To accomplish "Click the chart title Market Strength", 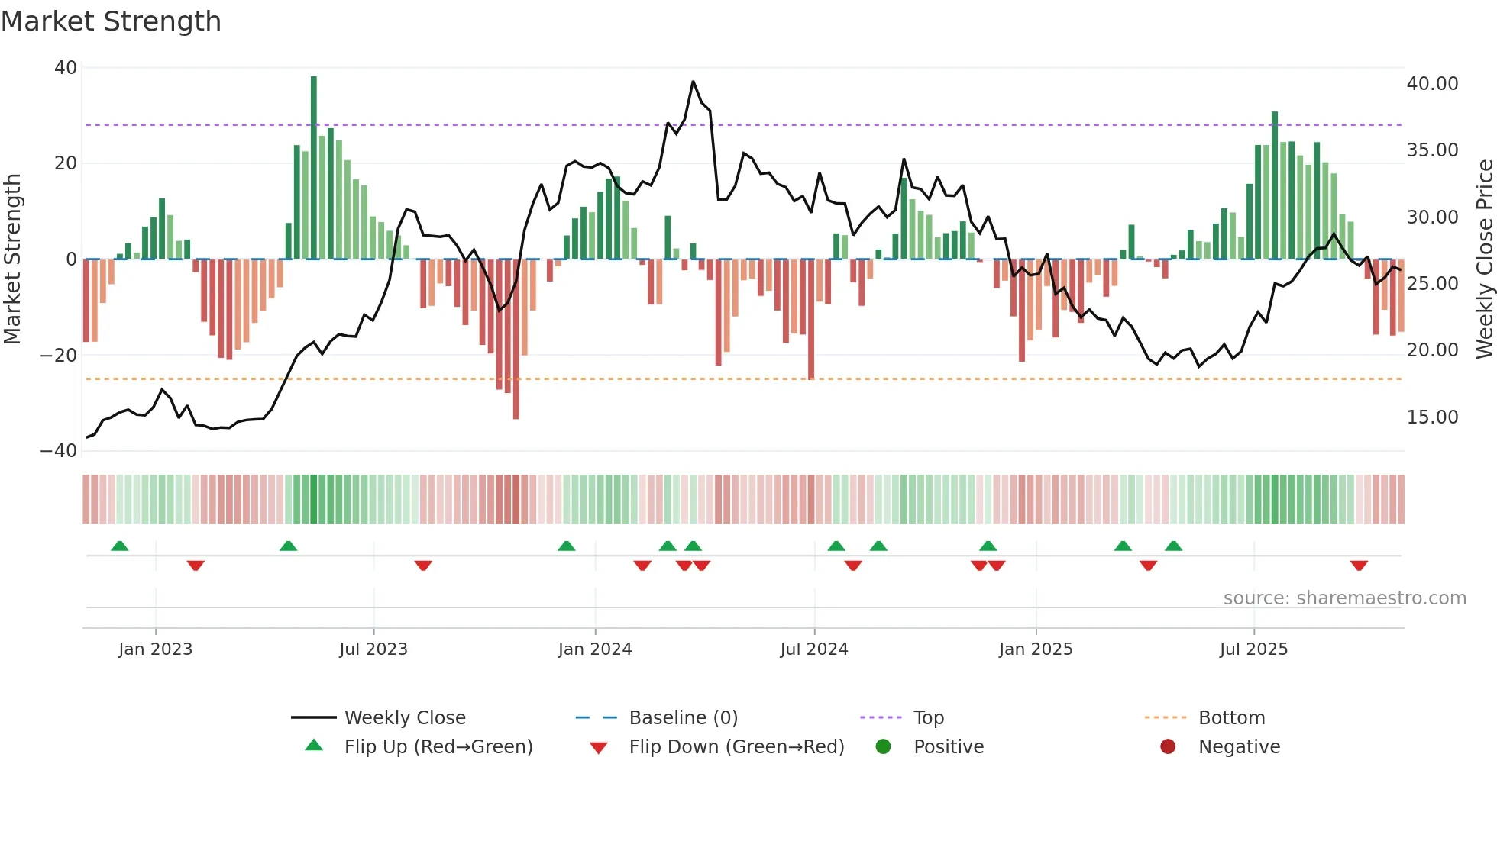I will tap(111, 21).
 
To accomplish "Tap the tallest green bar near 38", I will tap(314, 168).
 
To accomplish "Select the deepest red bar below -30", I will tap(516, 340).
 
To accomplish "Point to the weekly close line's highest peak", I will tap(693, 82).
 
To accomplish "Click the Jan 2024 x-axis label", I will tap(595, 649).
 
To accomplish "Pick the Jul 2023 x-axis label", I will tap(373, 649).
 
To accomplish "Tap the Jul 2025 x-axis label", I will tap(1253, 649).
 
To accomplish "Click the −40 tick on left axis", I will tap(59, 451).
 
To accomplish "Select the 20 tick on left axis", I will tap(66, 163).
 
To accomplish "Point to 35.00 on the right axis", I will tap(1432, 150).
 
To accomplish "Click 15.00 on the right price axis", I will tap(1432, 417).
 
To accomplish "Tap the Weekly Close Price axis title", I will tap(1484, 259).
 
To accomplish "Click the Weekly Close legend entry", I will tap(405, 718).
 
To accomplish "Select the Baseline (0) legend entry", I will tap(683, 718).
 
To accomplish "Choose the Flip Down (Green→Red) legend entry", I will tap(736, 747).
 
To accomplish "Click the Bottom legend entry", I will tap(1231, 718).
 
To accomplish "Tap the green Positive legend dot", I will tap(884, 747).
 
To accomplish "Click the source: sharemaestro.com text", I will tap(1344, 598).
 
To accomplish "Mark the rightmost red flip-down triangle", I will tap(1359, 565).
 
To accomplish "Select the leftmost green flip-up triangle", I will tap(120, 546).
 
